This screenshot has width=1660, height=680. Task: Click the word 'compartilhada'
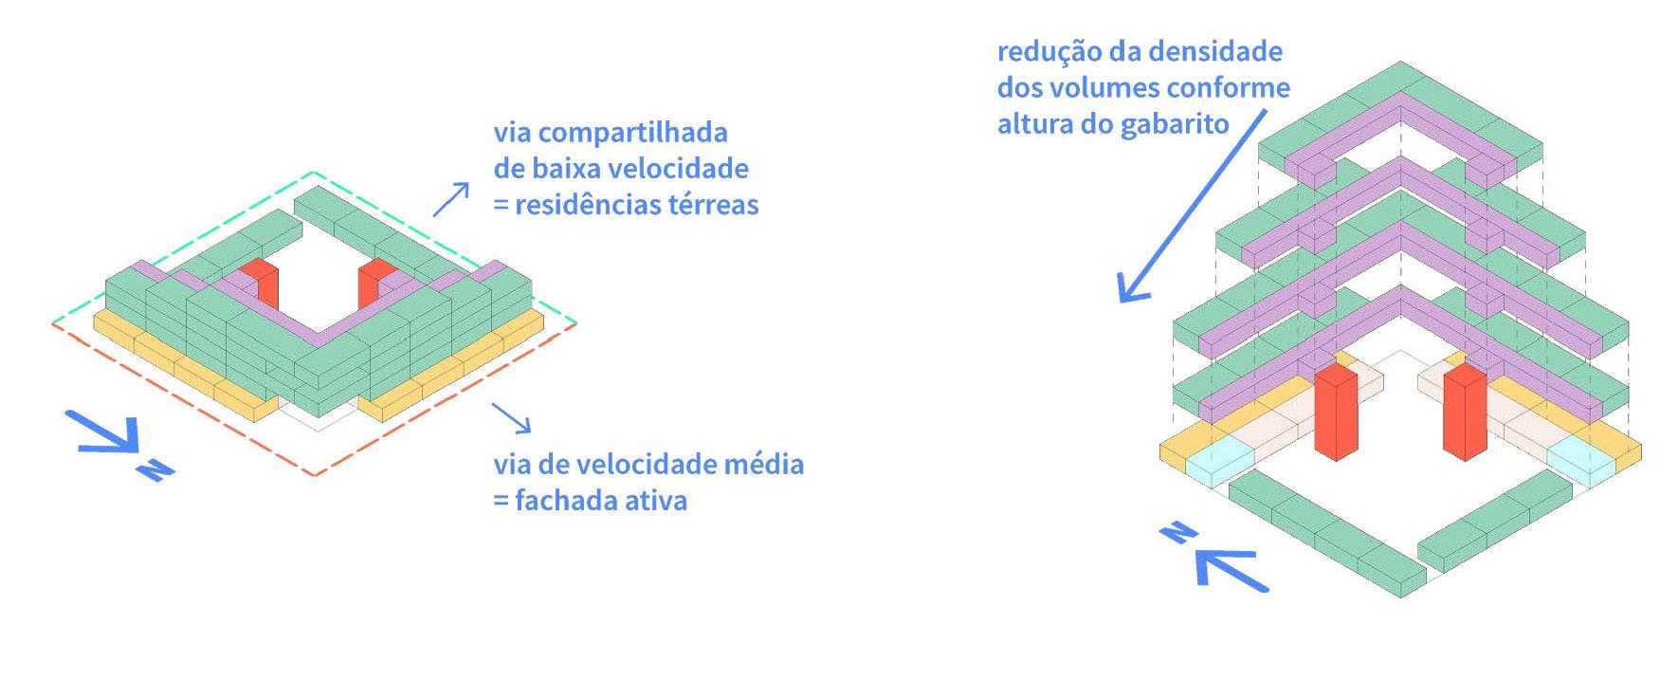click(634, 133)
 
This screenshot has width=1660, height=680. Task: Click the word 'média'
click(762, 464)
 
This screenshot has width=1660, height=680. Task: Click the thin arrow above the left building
click(450, 198)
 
